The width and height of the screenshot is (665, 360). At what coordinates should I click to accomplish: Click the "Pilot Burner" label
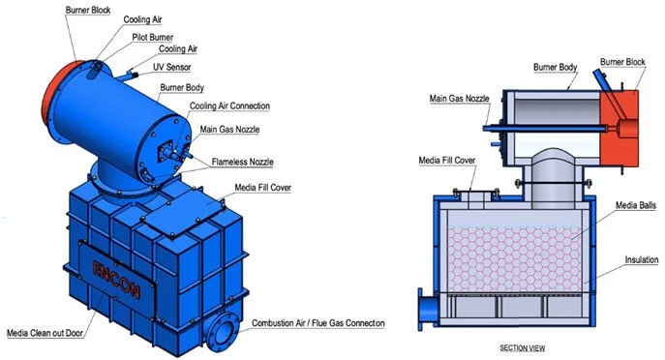point(154,37)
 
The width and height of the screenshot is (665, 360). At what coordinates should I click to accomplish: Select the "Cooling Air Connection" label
point(229,105)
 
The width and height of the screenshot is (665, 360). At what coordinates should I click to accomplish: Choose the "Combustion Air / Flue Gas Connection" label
point(318,322)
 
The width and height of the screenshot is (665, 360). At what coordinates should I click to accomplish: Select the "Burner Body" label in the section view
point(556,68)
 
